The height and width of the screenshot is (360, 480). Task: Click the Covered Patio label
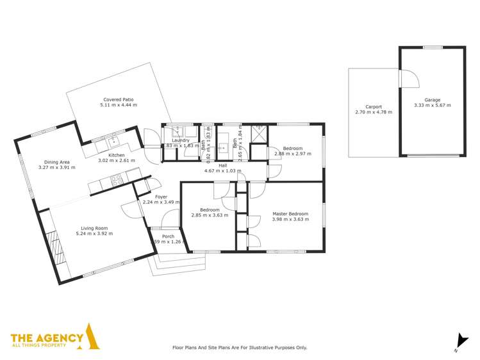[118, 99]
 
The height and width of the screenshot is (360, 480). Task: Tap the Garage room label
[432, 99]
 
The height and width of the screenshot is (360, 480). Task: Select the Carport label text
[374, 106]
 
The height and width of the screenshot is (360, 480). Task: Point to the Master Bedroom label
[290, 213]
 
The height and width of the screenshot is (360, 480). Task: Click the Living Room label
[94, 227]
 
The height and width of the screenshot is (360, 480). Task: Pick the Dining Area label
[56, 162]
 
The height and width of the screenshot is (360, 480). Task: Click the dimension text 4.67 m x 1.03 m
[222, 171]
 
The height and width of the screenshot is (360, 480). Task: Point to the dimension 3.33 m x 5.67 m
[432, 105]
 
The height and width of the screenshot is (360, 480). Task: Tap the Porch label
[168, 236]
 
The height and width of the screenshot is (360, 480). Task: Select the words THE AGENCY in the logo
[47, 338]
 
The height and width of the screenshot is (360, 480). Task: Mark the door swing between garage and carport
[409, 78]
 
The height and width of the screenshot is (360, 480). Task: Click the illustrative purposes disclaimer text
[240, 347]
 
